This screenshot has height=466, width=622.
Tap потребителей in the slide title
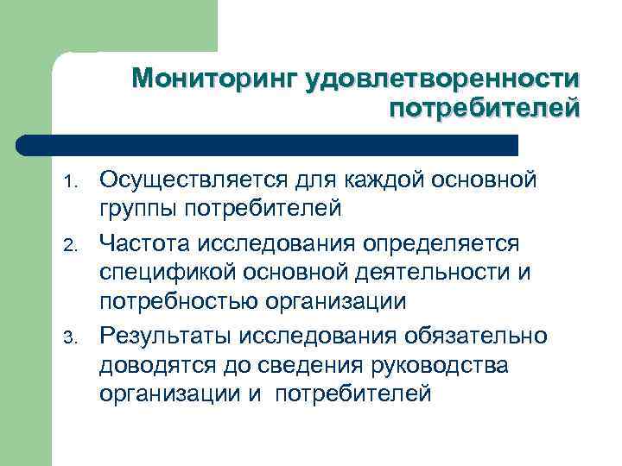(485, 110)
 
